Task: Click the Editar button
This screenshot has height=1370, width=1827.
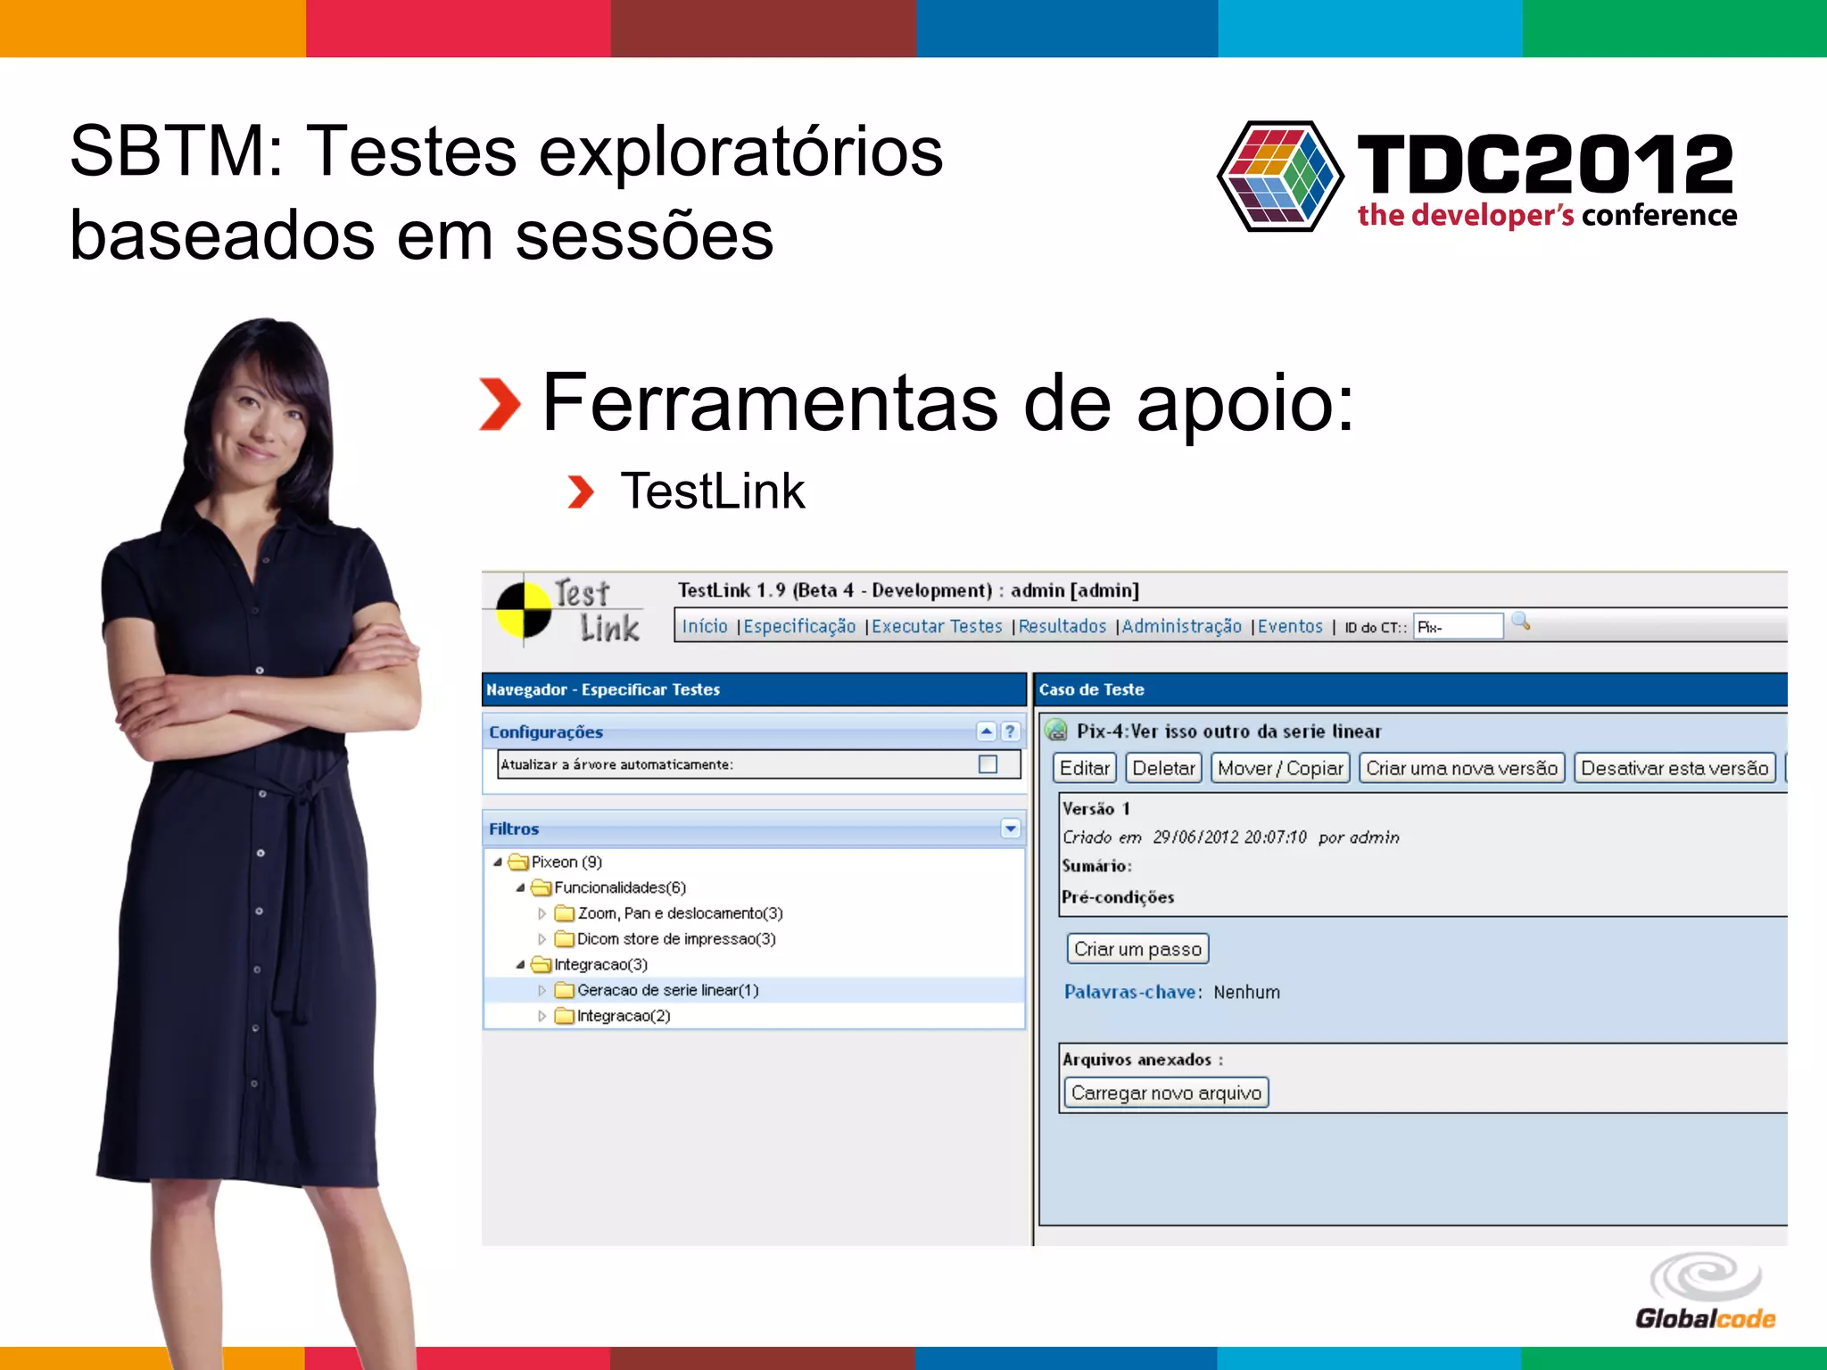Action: click(1084, 768)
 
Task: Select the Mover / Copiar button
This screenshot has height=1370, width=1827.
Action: click(1280, 768)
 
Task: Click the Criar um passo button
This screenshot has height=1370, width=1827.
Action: click(1137, 949)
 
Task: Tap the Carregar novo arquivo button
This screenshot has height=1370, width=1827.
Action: click(1166, 1093)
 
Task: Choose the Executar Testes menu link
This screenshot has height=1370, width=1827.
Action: click(937, 627)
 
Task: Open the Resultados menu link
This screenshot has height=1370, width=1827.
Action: click(1062, 627)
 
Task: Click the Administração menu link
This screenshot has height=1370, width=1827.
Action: click(1181, 627)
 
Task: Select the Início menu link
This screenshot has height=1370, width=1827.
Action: click(705, 627)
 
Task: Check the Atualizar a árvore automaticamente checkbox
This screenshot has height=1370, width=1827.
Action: click(988, 764)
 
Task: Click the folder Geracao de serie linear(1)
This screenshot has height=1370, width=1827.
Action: click(667, 990)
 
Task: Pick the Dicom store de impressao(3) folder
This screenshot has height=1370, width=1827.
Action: click(675, 939)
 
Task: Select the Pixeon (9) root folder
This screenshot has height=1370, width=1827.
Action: click(566, 862)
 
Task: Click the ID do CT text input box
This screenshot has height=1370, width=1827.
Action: click(1458, 627)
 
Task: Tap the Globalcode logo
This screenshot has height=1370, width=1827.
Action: click(1705, 1292)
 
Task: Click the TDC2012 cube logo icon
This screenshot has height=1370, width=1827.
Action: click(1280, 177)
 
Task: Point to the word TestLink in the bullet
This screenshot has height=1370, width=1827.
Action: click(713, 491)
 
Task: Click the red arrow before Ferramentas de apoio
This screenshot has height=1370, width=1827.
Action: click(500, 404)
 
